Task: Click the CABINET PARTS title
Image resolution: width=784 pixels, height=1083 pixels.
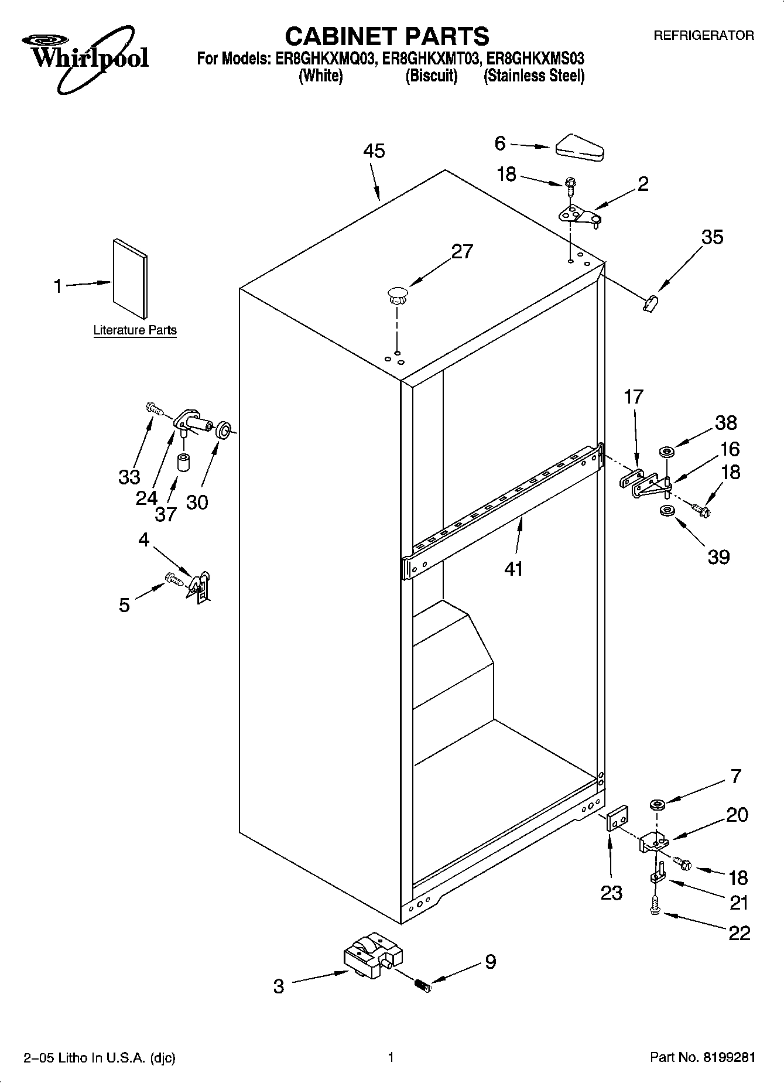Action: pyautogui.click(x=386, y=36)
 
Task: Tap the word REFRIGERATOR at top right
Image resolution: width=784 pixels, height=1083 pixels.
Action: pyautogui.click(x=703, y=36)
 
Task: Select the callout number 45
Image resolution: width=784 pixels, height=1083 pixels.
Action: pyautogui.click(x=374, y=151)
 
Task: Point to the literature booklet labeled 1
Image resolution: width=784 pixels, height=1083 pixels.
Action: pyautogui.click(x=130, y=278)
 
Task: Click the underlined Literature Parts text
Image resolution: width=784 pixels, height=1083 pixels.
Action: pyautogui.click(x=135, y=330)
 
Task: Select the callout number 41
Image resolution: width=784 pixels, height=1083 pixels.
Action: pyautogui.click(x=513, y=568)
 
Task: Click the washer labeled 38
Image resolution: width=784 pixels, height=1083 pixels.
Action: pyautogui.click(x=666, y=452)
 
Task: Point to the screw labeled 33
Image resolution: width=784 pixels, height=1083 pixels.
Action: pyautogui.click(x=153, y=407)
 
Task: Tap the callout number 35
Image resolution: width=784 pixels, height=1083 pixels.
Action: pyautogui.click(x=712, y=237)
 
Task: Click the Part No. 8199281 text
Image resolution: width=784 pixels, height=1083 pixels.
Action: pyautogui.click(x=702, y=1057)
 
